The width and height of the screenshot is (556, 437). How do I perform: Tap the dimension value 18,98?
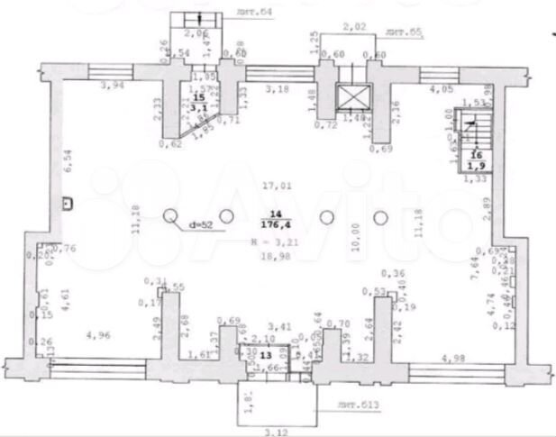coord(274,256)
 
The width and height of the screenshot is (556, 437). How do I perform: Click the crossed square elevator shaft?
coord(349,96)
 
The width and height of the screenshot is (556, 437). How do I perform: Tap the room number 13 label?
coord(265,356)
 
